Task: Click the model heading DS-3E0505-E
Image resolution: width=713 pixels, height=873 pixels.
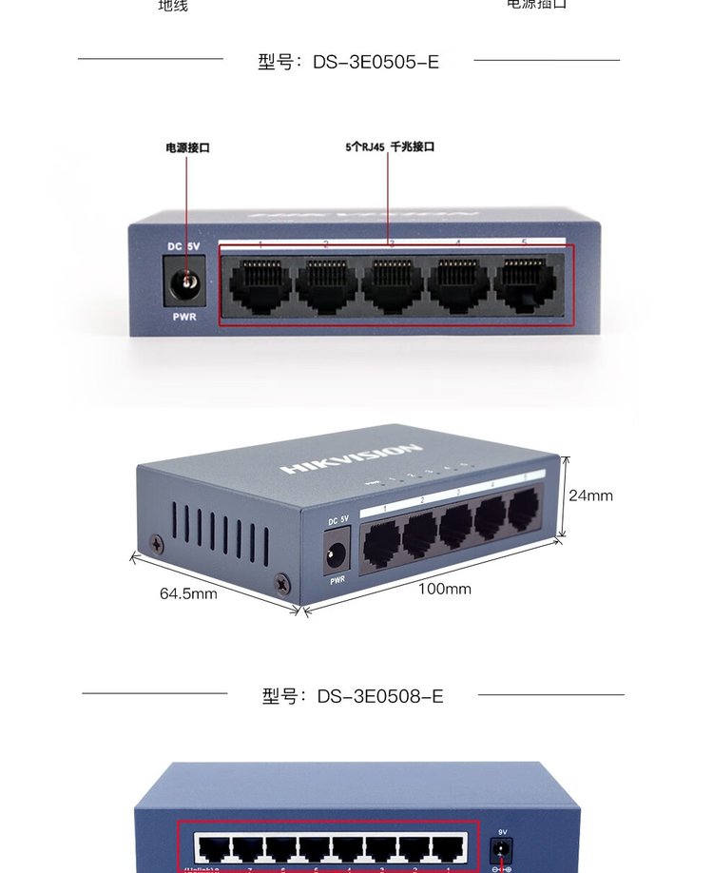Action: coord(349,62)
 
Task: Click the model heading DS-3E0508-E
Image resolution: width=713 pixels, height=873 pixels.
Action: coord(353,696)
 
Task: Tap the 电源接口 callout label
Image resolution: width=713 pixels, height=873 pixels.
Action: coord(187,147)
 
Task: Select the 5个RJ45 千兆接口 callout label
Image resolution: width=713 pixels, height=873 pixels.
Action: coord(390,147)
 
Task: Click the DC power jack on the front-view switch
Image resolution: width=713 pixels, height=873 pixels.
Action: coord(187,282)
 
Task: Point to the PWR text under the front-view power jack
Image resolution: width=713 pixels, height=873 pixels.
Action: coord(184,317)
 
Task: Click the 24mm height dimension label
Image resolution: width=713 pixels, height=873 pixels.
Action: coord(590,495)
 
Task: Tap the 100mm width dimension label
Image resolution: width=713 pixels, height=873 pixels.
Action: coord(445,589)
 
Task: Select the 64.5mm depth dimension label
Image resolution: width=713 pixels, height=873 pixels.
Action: coord(188,593)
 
